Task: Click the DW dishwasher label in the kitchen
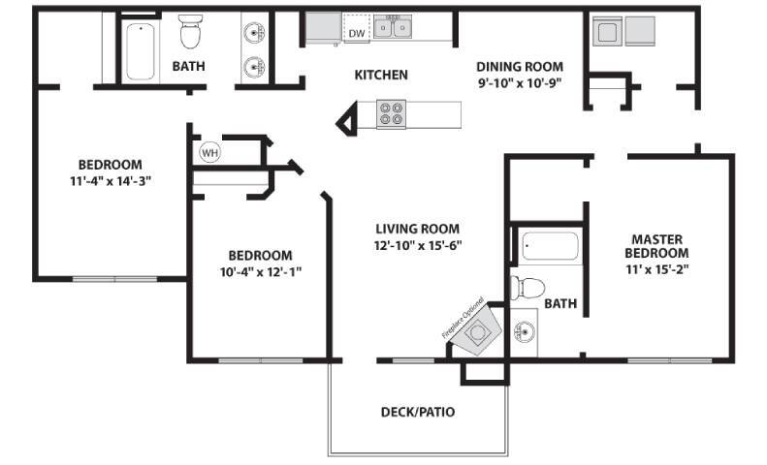click(356, 34)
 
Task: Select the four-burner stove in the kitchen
click(391, 114)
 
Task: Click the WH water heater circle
click(209, 152)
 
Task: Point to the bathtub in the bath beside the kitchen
click(142, 50)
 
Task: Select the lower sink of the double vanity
click(255, 67)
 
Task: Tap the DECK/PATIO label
click(417, 412)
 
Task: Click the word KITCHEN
click(380, 75)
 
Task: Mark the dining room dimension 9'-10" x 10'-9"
click(519, 83)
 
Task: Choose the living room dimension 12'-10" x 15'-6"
click(418, 245)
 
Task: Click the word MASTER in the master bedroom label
click(657, 238)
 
